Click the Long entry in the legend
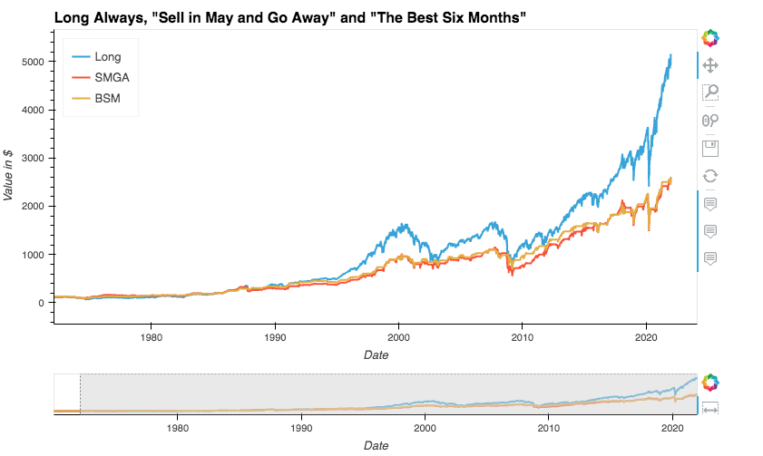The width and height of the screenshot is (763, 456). coord(107,57)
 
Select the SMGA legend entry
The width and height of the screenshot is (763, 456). coord(112,78)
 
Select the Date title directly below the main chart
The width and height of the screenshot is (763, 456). coord(375,355)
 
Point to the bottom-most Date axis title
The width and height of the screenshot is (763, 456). coord(375,445)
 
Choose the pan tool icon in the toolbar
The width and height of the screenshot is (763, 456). coord(711,65)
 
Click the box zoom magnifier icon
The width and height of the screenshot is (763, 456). coord(711,92)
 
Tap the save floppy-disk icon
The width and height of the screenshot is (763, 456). coord(711,148)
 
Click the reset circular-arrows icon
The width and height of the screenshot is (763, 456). coord(711,176)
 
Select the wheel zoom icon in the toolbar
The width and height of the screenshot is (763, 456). coord(711,120)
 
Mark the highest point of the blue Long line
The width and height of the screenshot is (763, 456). coord(671,55)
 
